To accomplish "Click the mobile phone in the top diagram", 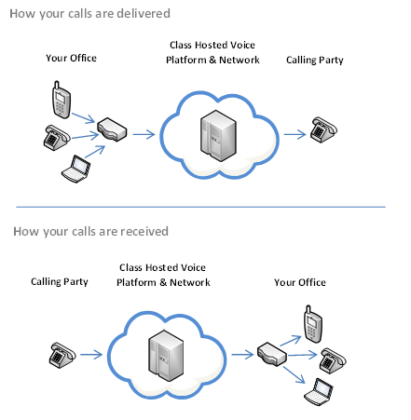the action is pyautogui.click(x=61, y=100).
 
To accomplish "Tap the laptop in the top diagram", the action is pyautogui.click(x=76, y=169).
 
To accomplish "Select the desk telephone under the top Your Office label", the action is pyautogui.click(x=57, y=138).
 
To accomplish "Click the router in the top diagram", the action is pyautogui.click(x=112, y=129).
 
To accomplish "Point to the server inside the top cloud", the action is pyautogui.click(x=218, y=136).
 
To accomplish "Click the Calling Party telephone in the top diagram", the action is pyautogui.click(x=323, y=129).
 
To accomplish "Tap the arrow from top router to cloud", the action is pyautogui.click(x=144, y=134).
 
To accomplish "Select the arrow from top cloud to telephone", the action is pyautogui.click(x=295, y=134).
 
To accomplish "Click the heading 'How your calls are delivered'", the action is pyautogui.click(x=89, y=14).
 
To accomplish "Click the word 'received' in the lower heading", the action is pyautogui.click(x=144, y=231).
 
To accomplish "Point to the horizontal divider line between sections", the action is pyautogui.click(x=200, y=207).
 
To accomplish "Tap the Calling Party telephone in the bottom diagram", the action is pyautogui.click(x=62, y=356).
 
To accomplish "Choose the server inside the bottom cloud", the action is pyautogui.click(x=166, y=356).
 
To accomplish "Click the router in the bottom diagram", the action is pyautogui.click(x=271, y=355).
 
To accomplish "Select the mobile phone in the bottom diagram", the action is pyautogui.click(x=313, y=324).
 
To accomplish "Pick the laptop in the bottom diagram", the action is pyautogui.click(x=319, y=392).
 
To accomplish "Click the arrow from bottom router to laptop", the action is pyautogui.click(x=295, y=374).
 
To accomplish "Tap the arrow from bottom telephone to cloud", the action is pyautogui.click(x=91, y=354).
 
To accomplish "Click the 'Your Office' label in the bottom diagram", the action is pyautogui.click(x=300, y=282).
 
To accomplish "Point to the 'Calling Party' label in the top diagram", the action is pyautogui.click(x=315, y=61).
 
